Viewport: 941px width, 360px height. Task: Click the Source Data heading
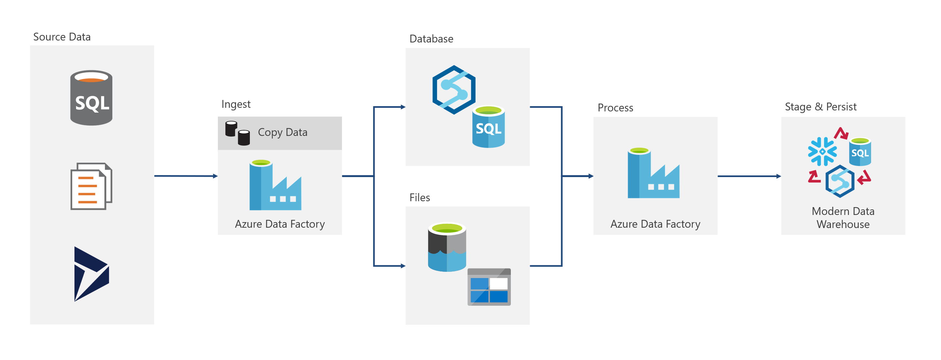[62, 37]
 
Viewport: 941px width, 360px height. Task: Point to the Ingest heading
[235, 104]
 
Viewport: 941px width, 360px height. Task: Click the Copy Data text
[283, 132]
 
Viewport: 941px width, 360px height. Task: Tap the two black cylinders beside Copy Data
[237, 133]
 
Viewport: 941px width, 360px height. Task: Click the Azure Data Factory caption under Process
[655, 224]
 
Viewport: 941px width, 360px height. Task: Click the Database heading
[431, 39]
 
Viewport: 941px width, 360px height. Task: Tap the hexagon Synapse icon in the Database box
[454, 90]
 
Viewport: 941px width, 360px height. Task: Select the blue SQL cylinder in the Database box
[488, 126]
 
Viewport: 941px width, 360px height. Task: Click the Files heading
[419, 198]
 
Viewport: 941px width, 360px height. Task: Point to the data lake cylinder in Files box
[447, 247]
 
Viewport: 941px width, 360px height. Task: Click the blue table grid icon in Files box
[489, 287]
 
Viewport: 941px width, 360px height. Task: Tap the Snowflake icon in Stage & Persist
[822, 151]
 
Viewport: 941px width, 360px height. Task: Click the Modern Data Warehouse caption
[843, 218]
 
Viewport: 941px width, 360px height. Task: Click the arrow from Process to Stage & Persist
[749, 176]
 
